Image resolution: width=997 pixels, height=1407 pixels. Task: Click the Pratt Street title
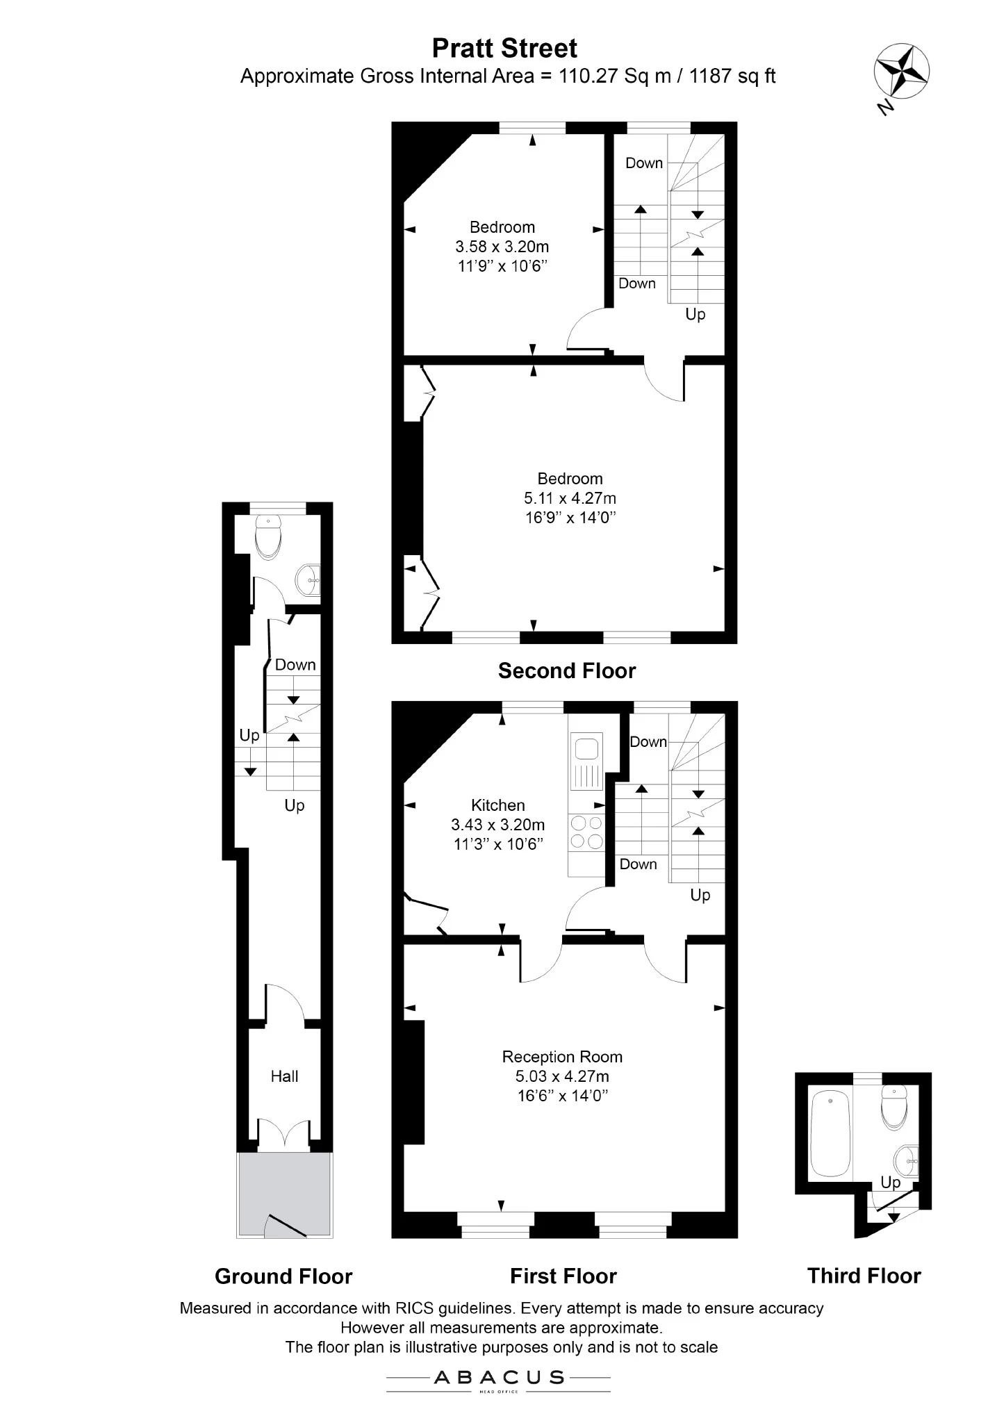pyautogui.click(x=504, y=49)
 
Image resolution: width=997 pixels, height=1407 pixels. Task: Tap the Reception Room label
pyautogui.click(x=562, y=1057)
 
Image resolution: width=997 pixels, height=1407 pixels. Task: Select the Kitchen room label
pyautogui.click(x=498, y=805)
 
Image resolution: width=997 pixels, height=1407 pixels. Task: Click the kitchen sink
pyautogui.click(x=587, y=764)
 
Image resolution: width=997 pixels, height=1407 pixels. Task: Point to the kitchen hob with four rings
pyautogui.click(x=587, y=832)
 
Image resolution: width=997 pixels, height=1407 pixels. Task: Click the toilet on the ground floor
pyautogui.click(x=268, y=536)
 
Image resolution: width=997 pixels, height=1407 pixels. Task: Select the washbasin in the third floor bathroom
pyautogui.click(x=907, y=1160)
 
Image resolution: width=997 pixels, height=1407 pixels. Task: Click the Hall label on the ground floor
pyautogui.click(x=284, y=1076)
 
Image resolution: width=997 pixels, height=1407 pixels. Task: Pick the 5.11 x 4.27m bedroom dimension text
pyautogui.click(x=570, y=498)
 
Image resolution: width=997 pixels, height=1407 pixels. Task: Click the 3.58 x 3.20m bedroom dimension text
pyautogui.click(x=502, y=247)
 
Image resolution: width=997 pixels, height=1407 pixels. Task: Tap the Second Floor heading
pyautogui.click(x=567, y=670)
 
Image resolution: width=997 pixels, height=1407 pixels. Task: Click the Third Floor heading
pyautogui.click(x=864, y=1276)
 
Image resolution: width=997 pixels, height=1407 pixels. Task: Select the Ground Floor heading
pyautogui.click(x=283, y=1276)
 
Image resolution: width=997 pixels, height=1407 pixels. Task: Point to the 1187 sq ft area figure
pyautogui.click(x=732, y=76)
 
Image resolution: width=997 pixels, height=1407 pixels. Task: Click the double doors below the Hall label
pyautogui.click(x=284, y=1133)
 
